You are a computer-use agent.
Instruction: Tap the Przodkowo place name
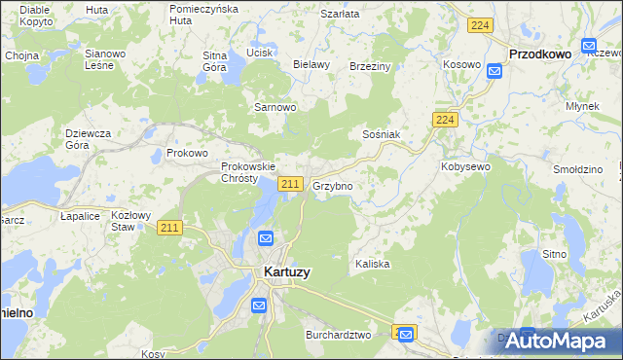pyautogui.click(x=539, y=54)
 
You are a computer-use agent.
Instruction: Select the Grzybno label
pyautogui.click(x=333, y=185)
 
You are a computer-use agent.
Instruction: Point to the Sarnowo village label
pyautogui.click(x=275, y=107)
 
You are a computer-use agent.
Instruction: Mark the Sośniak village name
pyautogui.click(x=382, y=134)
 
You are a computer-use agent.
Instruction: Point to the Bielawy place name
pyautogui.click(x=311, y=64)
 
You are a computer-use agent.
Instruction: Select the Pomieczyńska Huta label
pyautogui.click(x=203, y=14)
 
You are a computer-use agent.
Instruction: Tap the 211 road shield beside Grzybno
pyautogui.click(x=289, y=184)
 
